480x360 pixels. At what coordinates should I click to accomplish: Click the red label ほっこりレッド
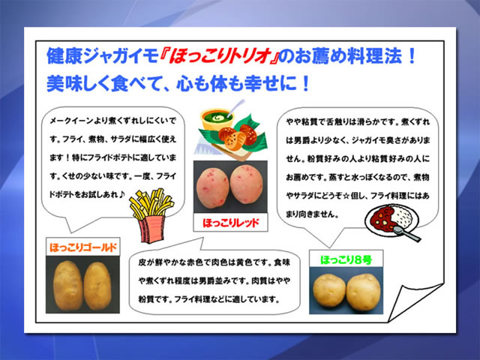(231, 223)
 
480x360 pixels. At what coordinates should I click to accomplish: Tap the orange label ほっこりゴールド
(83, 247)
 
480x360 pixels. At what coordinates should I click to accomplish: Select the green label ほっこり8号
(346, 260)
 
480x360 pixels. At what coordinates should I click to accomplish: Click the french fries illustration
(151, 215)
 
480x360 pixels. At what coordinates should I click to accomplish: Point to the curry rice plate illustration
(392, 222)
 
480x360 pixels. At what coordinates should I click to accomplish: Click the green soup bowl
(217, 120)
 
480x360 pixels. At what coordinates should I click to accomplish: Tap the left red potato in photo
(212, 187)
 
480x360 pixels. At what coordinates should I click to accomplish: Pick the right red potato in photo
(247, 184)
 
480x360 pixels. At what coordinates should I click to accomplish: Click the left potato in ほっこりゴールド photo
(67, 285)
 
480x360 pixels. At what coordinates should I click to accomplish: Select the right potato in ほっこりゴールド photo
(97, 286)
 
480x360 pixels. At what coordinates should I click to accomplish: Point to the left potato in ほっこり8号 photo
(329, 290)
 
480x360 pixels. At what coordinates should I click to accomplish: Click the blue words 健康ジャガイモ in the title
(102, 56)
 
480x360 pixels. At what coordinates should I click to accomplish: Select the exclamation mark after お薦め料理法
(412, 56)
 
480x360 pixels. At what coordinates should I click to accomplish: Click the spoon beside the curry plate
(407, 233)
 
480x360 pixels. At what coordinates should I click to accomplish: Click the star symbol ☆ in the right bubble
(346, 196)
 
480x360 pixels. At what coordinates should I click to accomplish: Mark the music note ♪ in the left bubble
(121, 194)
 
